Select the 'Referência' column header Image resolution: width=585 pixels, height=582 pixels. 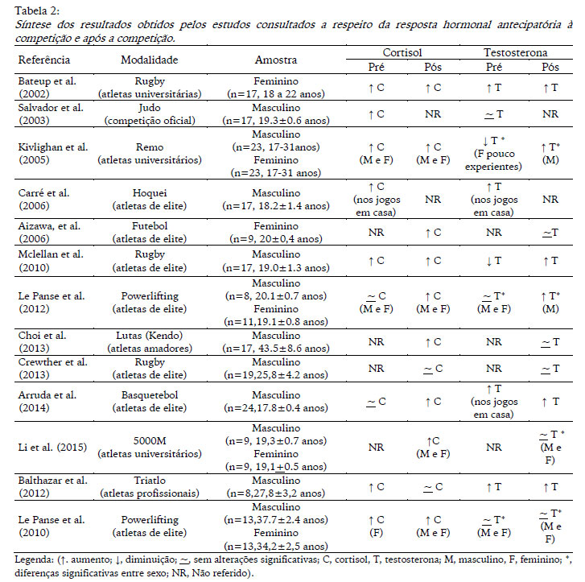coord(44,60)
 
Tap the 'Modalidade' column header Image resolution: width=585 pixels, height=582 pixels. coord(149,60)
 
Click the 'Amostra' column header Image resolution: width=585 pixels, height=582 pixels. coord(276,60)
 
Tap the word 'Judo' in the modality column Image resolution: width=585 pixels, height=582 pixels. coord(149,107)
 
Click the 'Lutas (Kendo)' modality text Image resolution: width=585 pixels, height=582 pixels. coord(149,335)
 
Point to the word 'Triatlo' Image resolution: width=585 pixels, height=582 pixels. coord(149,480)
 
